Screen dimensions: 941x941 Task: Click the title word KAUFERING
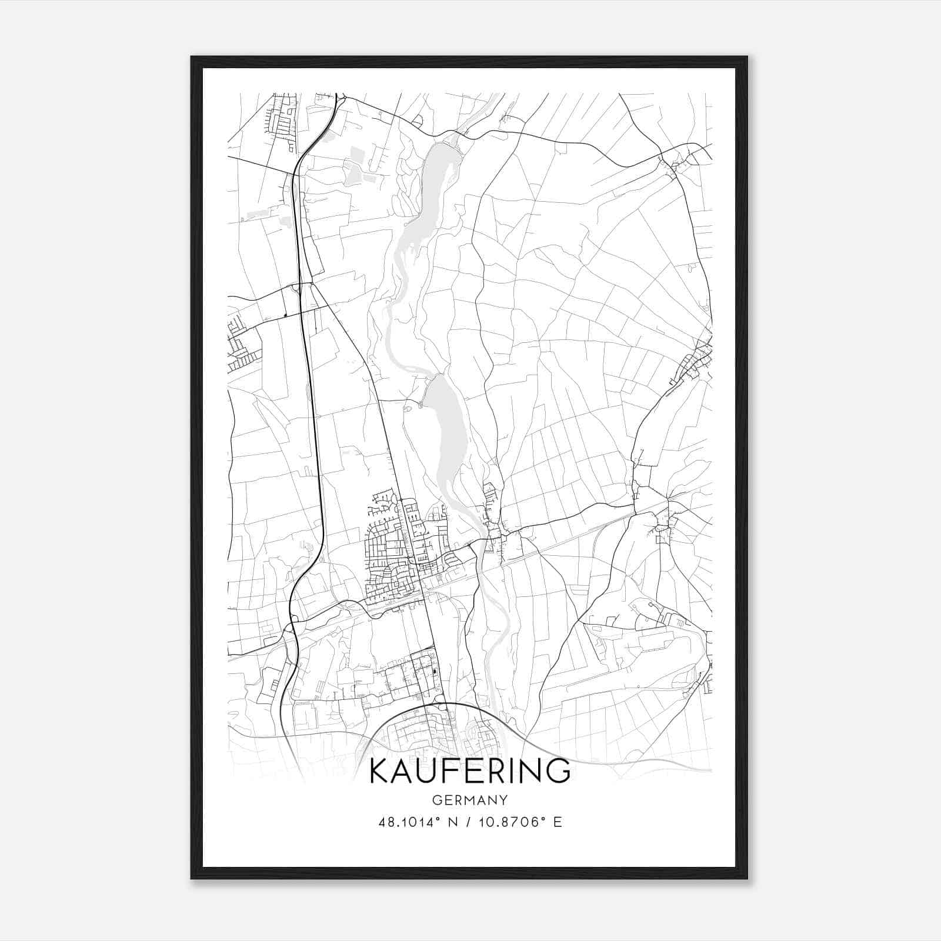pyautogui.click(x=470, y=771)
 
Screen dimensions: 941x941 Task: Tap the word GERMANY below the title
pyautogui.click(x=470, y=800)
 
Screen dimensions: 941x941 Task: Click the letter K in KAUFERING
pyautogui.click(x=379, y=771)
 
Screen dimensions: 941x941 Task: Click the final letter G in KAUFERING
pyautogui.click(x=559, y=771)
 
